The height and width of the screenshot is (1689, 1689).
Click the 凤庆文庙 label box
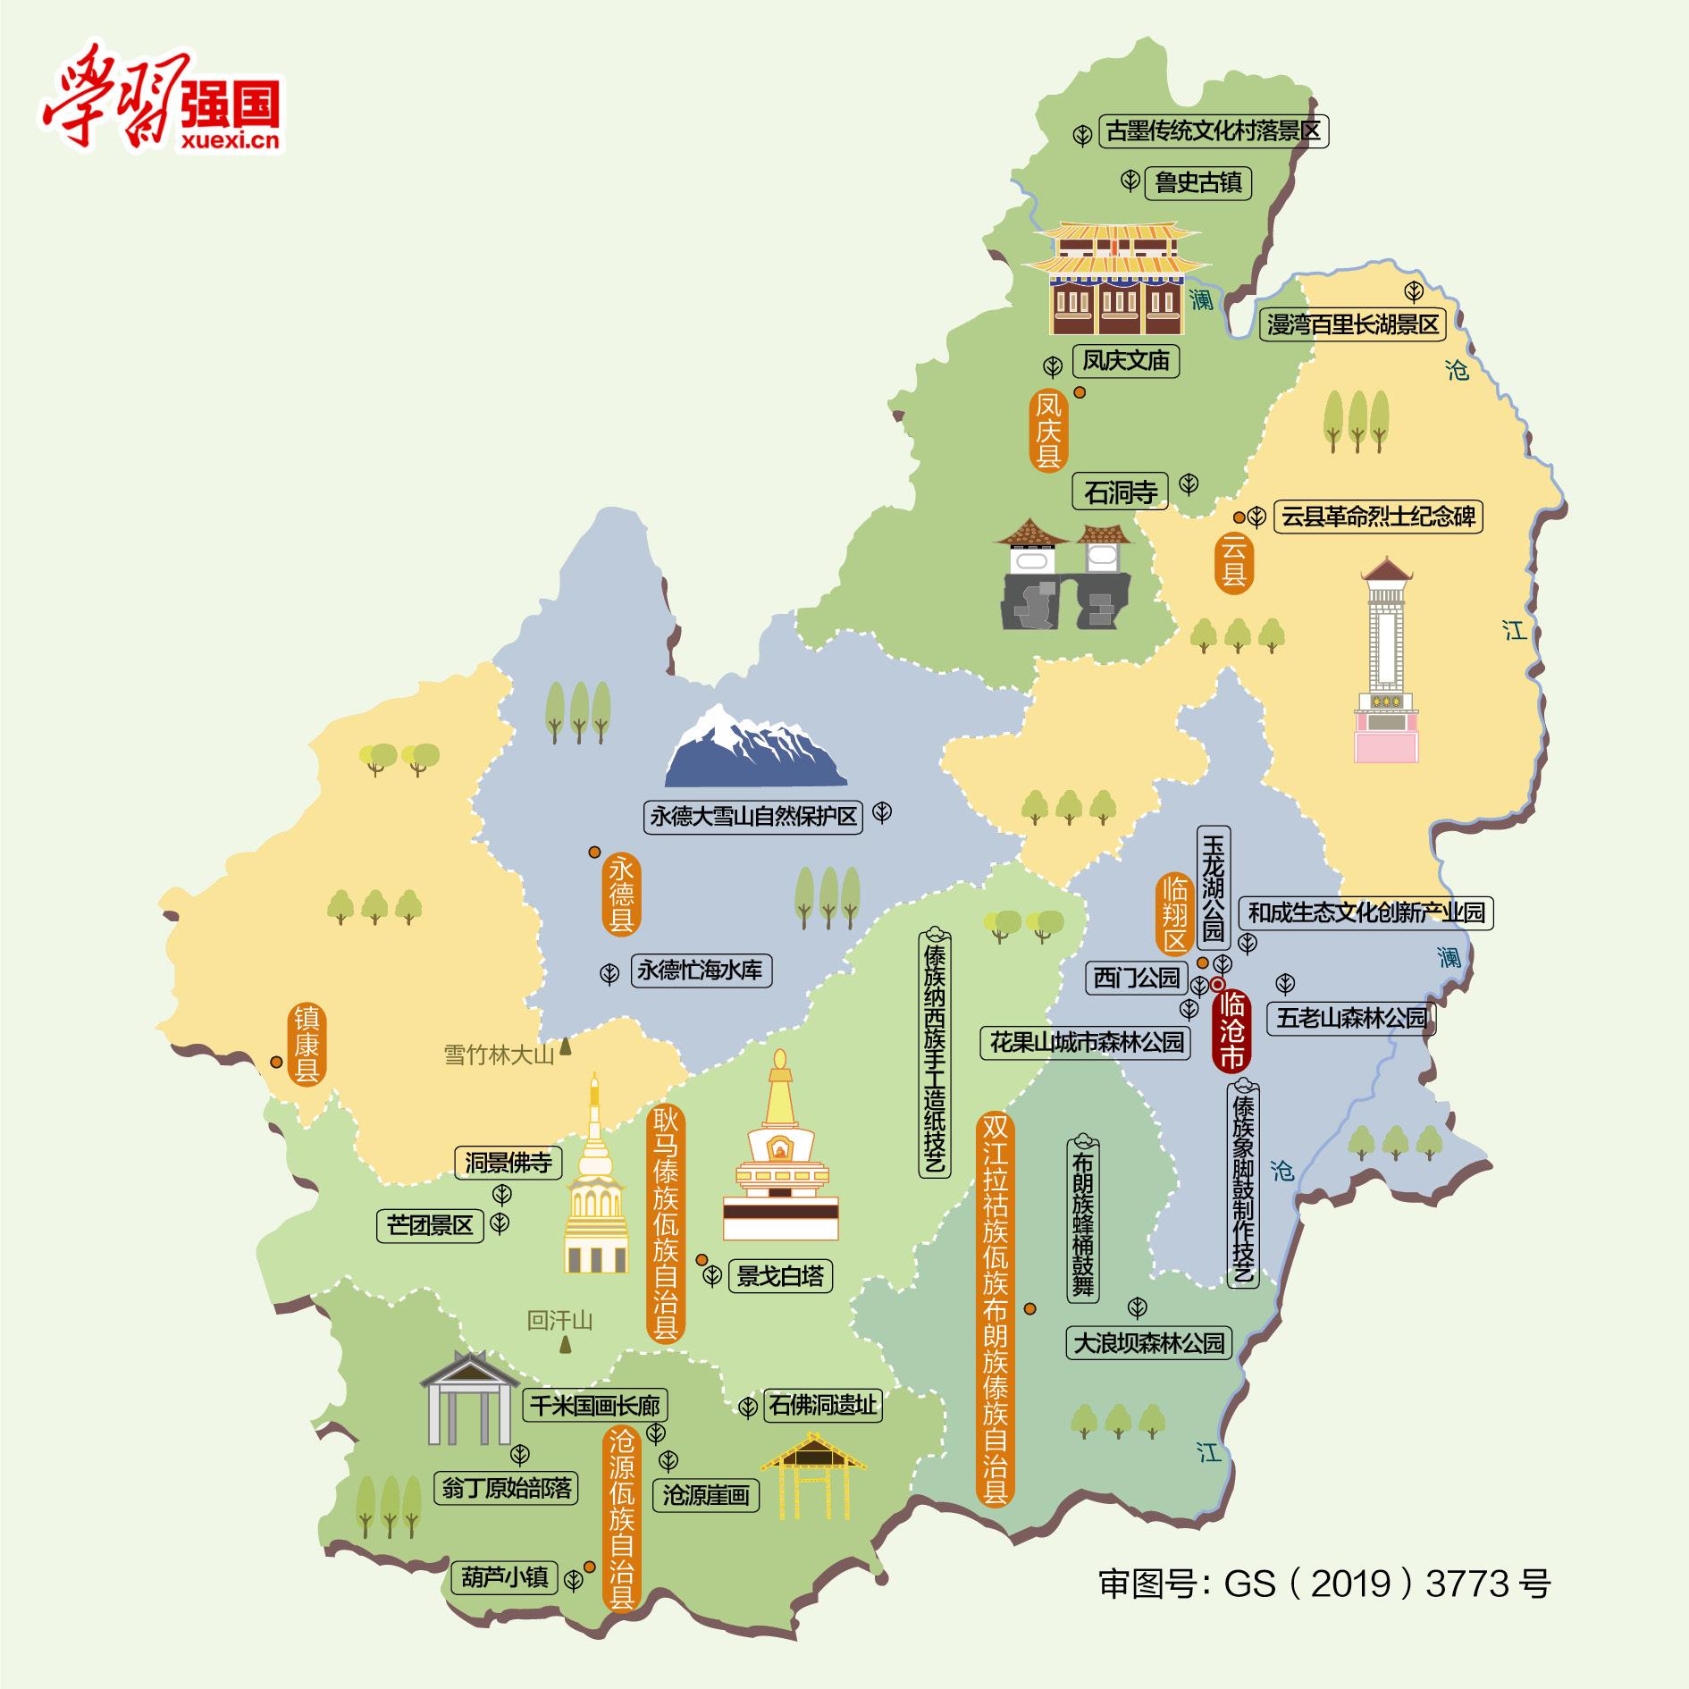coord(1125,361)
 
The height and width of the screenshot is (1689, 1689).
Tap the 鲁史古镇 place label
coord(1197,183)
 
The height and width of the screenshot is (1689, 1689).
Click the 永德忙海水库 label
coord(701,971)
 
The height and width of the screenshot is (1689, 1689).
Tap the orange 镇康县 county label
coord(307,1046)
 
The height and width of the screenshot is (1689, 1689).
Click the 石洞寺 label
coord(1120,492)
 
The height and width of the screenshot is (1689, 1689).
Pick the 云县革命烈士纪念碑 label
coord(1377,517)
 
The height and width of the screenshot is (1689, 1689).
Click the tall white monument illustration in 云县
coord(1386,661)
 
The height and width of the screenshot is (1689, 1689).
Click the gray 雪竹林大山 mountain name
coord(499,1055)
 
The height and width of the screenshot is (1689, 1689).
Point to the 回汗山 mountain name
coord(559,1320)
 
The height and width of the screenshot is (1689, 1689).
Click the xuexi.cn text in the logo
coord(230,140)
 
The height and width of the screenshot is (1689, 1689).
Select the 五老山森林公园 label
coord(1352,1018)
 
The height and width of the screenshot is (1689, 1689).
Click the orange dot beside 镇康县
coord(276,1063)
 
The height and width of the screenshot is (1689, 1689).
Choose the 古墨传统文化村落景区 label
coord(1213,132)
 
